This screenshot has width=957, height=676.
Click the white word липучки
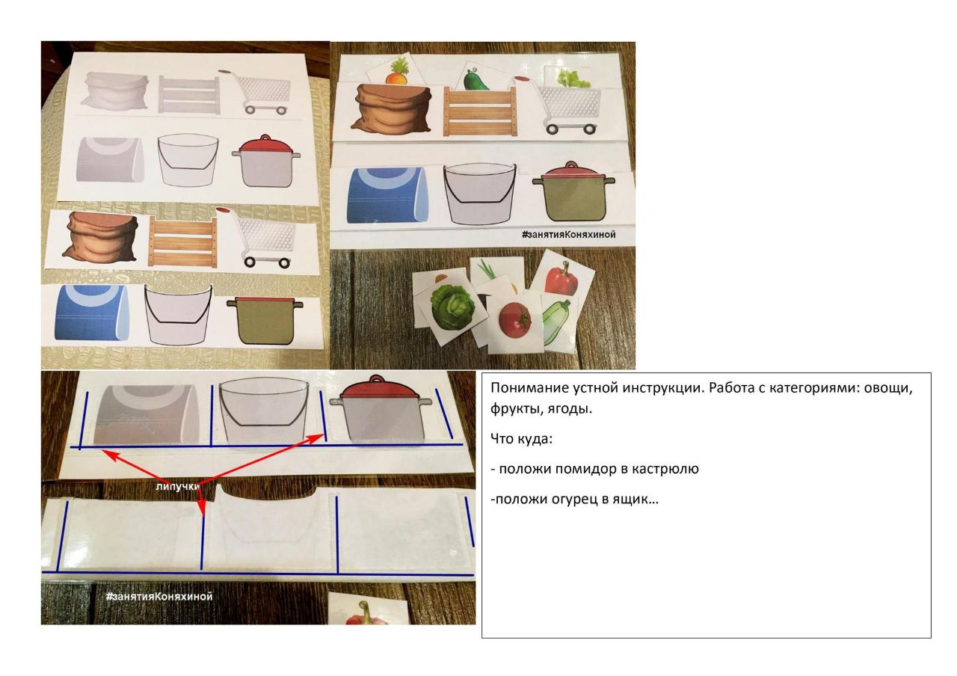pos(177,486)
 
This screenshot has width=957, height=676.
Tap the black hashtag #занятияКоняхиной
pos(568,234)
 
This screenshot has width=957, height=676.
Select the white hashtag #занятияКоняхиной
pos(159,596)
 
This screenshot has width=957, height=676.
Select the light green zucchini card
pos(559,322)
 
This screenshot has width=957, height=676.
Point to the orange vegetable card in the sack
pos(396,70)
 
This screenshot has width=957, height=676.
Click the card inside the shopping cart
pos(568,77)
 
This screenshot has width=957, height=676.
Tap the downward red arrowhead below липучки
pos(202,508)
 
